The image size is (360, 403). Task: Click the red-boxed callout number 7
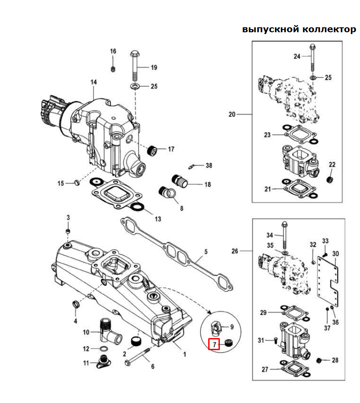tap(214, 344)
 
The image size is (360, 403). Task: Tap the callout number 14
tap(94, 82)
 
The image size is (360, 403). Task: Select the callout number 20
tap(231, 115)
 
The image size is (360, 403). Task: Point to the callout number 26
tap(235, 251)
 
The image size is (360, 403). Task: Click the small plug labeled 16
tap(113, 69)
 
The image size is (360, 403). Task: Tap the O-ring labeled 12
tap(103, 348)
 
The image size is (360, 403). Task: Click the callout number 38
tap(209, 165)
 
